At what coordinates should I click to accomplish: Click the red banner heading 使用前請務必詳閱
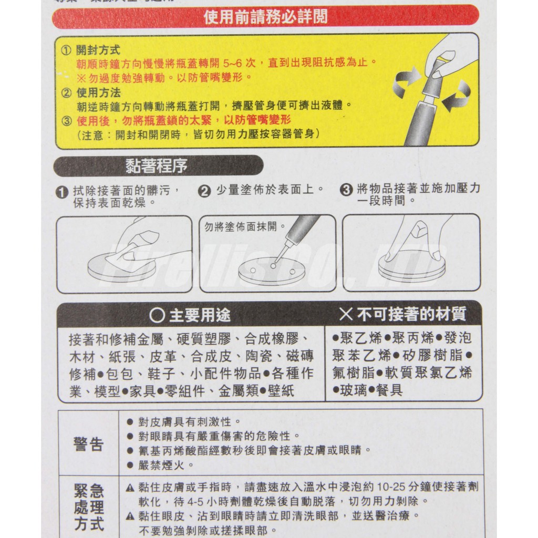265,17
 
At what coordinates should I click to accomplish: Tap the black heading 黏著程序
157,166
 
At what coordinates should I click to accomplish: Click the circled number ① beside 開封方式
66,50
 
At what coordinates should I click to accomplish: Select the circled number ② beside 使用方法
66,92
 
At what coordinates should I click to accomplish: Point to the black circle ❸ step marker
346,190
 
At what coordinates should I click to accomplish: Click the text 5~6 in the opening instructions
232,64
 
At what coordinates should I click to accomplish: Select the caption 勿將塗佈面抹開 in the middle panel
241,226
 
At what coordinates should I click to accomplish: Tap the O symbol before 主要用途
157,315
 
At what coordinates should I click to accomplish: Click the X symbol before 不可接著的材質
346,314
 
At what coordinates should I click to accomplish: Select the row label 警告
88,444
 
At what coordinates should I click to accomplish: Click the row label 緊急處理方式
89,507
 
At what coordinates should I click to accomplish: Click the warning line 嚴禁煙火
161,465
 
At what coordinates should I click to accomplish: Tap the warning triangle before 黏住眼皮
130,516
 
